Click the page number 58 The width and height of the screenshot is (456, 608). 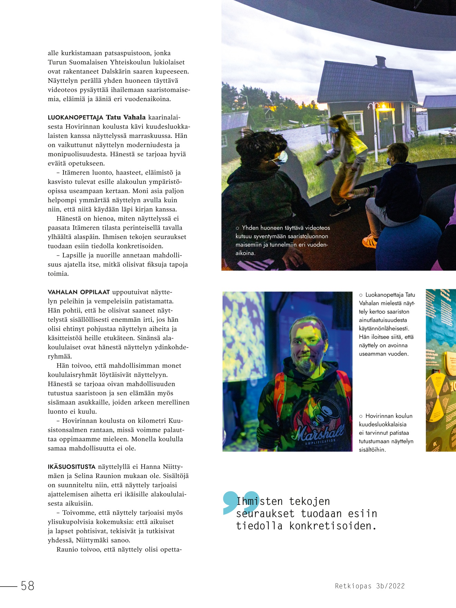[28, 586]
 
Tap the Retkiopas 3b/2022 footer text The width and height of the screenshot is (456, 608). [370, 586]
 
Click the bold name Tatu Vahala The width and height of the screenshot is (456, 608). [126, 117]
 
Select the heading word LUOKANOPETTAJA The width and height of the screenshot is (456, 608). [75, 118]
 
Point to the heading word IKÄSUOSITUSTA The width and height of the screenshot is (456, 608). [71, 467]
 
